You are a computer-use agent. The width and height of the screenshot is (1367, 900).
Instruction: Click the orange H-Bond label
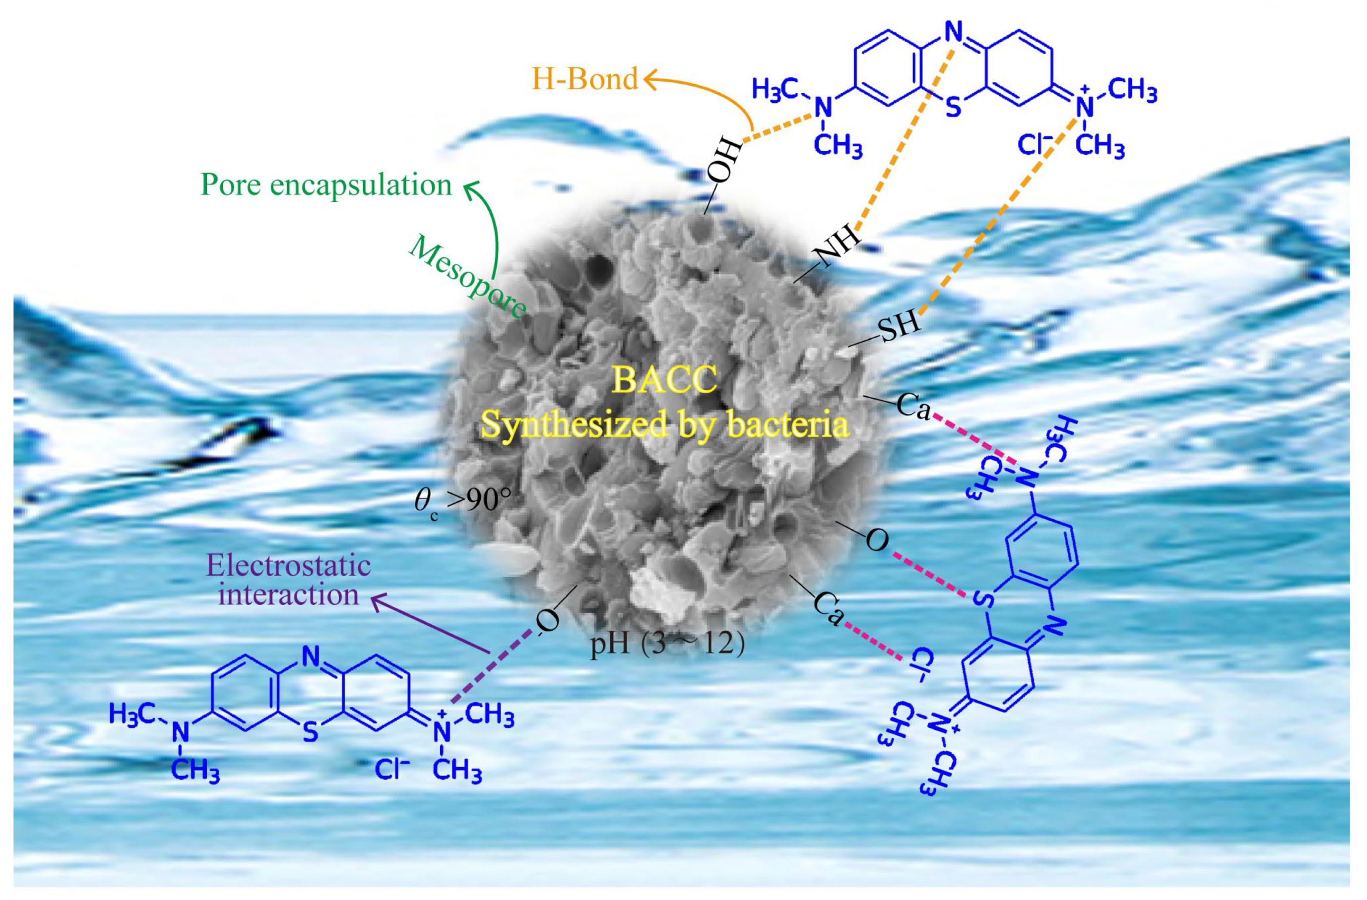(x=585, y=79)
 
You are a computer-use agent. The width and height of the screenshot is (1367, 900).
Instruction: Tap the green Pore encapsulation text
(x=325, y=185)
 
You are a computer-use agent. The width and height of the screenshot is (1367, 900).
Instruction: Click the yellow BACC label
(x=664, y=379)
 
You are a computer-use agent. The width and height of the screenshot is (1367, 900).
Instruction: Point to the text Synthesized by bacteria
(x=664, y=425)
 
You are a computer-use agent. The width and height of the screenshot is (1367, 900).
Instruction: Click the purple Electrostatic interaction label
(x=288, y=580)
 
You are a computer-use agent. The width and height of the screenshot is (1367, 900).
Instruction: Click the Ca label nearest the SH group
(x=913, y=406)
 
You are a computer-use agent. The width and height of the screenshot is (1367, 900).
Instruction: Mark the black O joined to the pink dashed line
(x=876, y=540)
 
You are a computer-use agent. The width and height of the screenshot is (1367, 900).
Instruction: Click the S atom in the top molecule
(x=953, y=107)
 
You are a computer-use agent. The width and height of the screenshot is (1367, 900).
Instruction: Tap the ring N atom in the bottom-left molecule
(x=311, y=656)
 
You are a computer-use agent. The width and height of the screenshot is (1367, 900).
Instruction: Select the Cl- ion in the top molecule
(x=1035, y=145)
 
